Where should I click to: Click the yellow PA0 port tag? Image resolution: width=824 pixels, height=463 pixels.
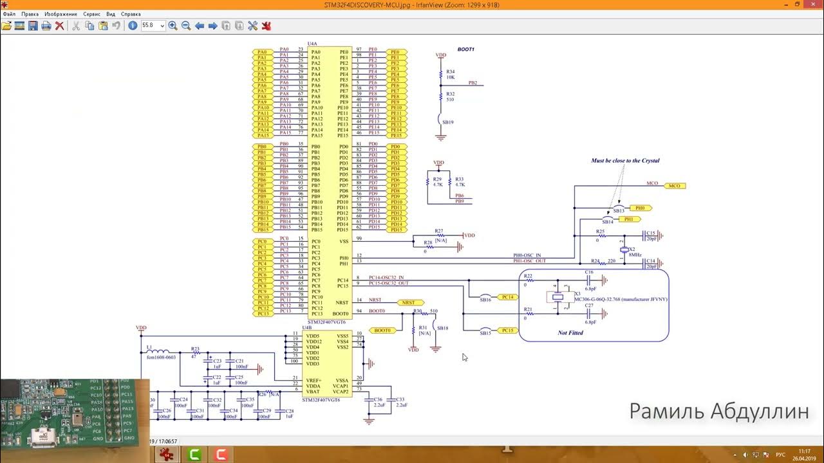point(261,52)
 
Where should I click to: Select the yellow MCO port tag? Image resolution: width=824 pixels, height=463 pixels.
point(674,186)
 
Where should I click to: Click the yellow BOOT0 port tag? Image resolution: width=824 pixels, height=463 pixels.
point(382,331)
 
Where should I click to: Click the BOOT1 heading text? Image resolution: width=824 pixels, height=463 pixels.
point(465,50)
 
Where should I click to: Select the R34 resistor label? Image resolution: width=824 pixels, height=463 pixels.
point(450,71)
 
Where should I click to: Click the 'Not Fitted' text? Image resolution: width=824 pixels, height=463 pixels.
point(570,333)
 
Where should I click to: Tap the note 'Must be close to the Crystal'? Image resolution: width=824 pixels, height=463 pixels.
point(625,161)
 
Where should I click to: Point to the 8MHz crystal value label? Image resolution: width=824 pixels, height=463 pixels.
point(635,255)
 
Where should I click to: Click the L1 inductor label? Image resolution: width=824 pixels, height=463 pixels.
point(149,347)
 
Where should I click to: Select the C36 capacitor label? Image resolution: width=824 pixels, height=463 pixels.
point(378,399)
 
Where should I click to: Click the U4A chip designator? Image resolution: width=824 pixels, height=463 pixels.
point(312,44)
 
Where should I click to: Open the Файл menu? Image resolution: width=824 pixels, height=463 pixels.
point(9,14)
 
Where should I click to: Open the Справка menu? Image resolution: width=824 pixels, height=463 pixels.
point(131,14)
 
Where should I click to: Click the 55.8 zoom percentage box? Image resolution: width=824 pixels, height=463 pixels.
point(151,26)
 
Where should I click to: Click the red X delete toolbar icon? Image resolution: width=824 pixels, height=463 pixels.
point(59,26)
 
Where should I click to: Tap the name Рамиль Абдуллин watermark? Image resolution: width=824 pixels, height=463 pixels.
point(718,412)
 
